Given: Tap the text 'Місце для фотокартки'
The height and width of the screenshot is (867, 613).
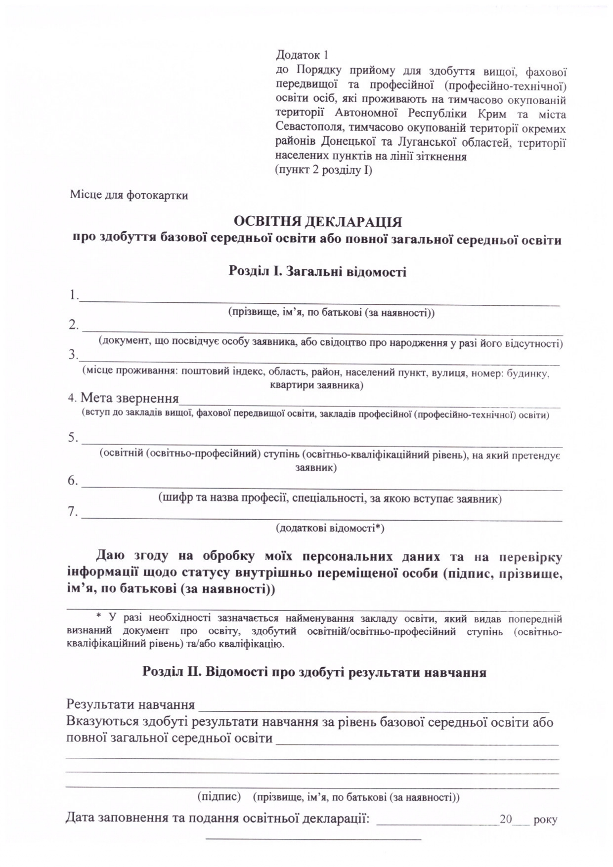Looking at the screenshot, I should click(x=129, y=195).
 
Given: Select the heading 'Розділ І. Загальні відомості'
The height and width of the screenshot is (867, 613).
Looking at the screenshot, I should click(x=317, y=271).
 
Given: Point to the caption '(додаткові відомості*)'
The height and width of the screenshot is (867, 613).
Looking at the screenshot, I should click(x=330, y=528).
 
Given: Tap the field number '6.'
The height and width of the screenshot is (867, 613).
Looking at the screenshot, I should click(x=73, y=481).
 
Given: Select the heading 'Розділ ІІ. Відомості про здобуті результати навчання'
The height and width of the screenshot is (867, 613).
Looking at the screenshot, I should click(x=314, y=672).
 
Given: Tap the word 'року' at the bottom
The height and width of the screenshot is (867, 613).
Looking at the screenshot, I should click(x=545, y=820).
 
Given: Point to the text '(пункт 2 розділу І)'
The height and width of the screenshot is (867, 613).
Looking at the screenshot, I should click(x=323, y=170).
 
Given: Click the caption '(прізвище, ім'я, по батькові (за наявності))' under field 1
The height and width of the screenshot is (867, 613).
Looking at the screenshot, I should click(x=331, y=313).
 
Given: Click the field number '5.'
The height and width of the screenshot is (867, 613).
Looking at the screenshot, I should click(x=73, y=437).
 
